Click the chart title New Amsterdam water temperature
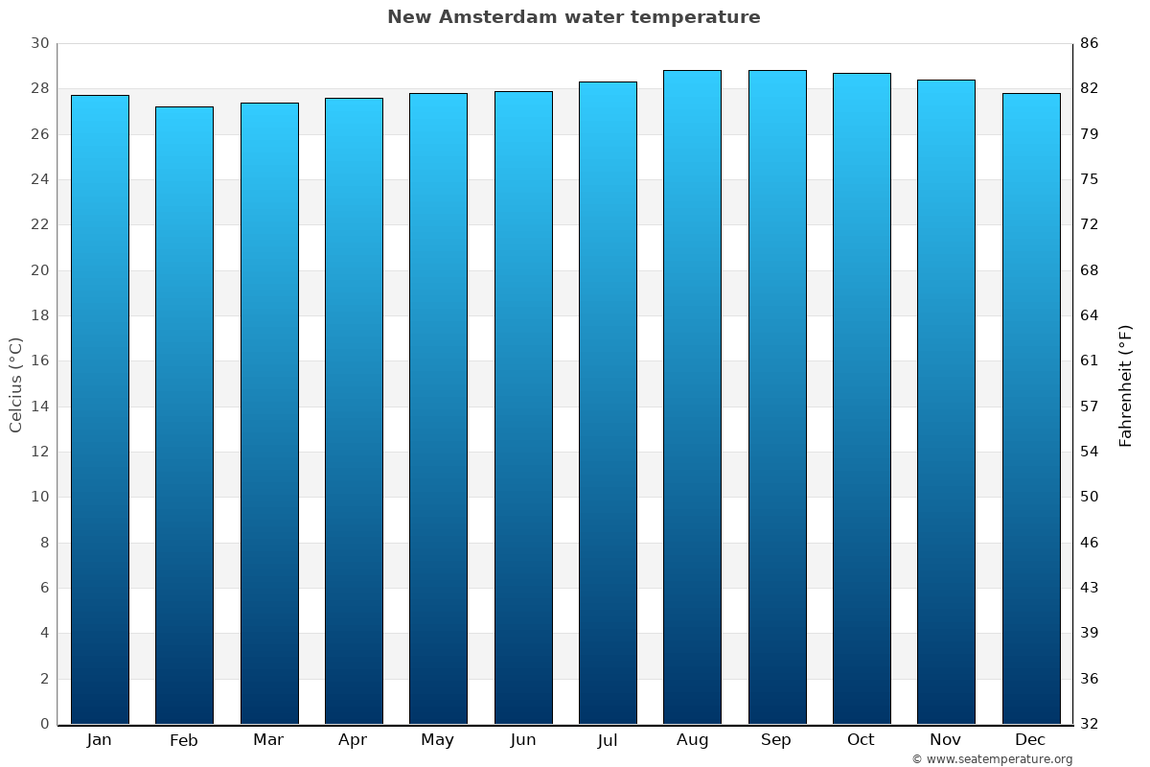coord(573,17)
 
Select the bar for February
coord(184,415)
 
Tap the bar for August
coord(692,397)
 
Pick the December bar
coord(1030,408)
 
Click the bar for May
coord(438,408)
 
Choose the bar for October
coord(862,398)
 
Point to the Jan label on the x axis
coord(99,740)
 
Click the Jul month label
coord(608,740)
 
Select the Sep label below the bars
coord(776,740)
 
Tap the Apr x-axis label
coord(353,740)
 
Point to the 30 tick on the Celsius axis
coord(39,43)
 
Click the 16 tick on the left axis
coord(39,360)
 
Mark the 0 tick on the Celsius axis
coord(44,724)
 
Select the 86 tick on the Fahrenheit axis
coord(1089,43)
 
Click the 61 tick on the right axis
coord(1089,360)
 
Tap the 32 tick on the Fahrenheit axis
coord(1089,724)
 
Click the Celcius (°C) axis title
coord(16,384)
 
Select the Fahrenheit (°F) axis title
coord(1126,384)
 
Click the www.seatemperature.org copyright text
coord(992,759)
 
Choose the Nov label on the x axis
coord(946,740)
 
